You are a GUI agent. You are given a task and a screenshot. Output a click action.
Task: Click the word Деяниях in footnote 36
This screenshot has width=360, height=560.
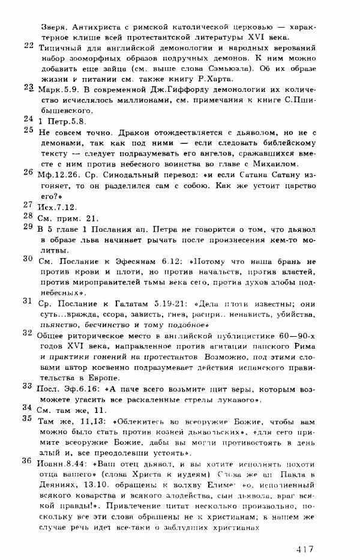[x=57, y=487]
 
